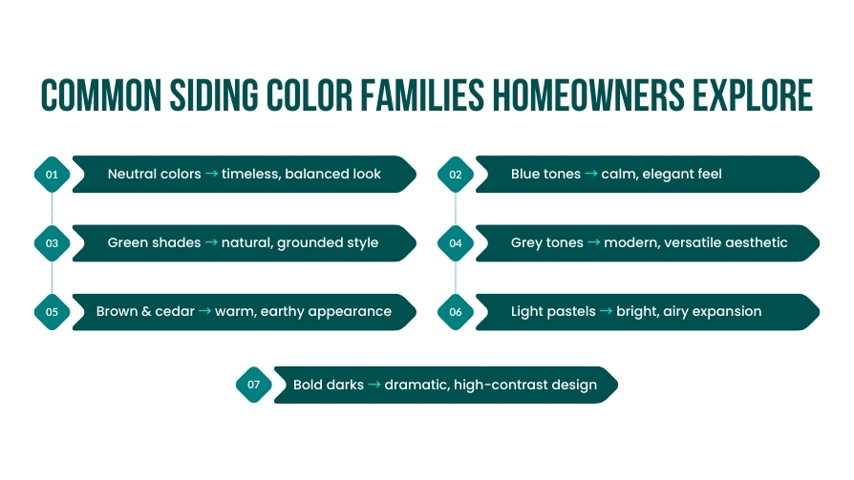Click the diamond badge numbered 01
(52, 174)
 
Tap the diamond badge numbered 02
(456, 174)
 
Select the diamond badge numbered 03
(52, 243)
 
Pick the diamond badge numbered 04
(456, 243)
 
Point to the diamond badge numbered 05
(52, 312)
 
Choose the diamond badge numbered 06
(456, 312)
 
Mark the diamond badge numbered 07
(254, 385)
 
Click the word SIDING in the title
(214, 95)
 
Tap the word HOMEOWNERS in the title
(588, 95)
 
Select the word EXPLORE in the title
(753, 95)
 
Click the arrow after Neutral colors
(211, 174)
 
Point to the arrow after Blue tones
(591, 174)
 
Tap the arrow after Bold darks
(374, 385)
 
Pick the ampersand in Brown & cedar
(146, 311)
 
